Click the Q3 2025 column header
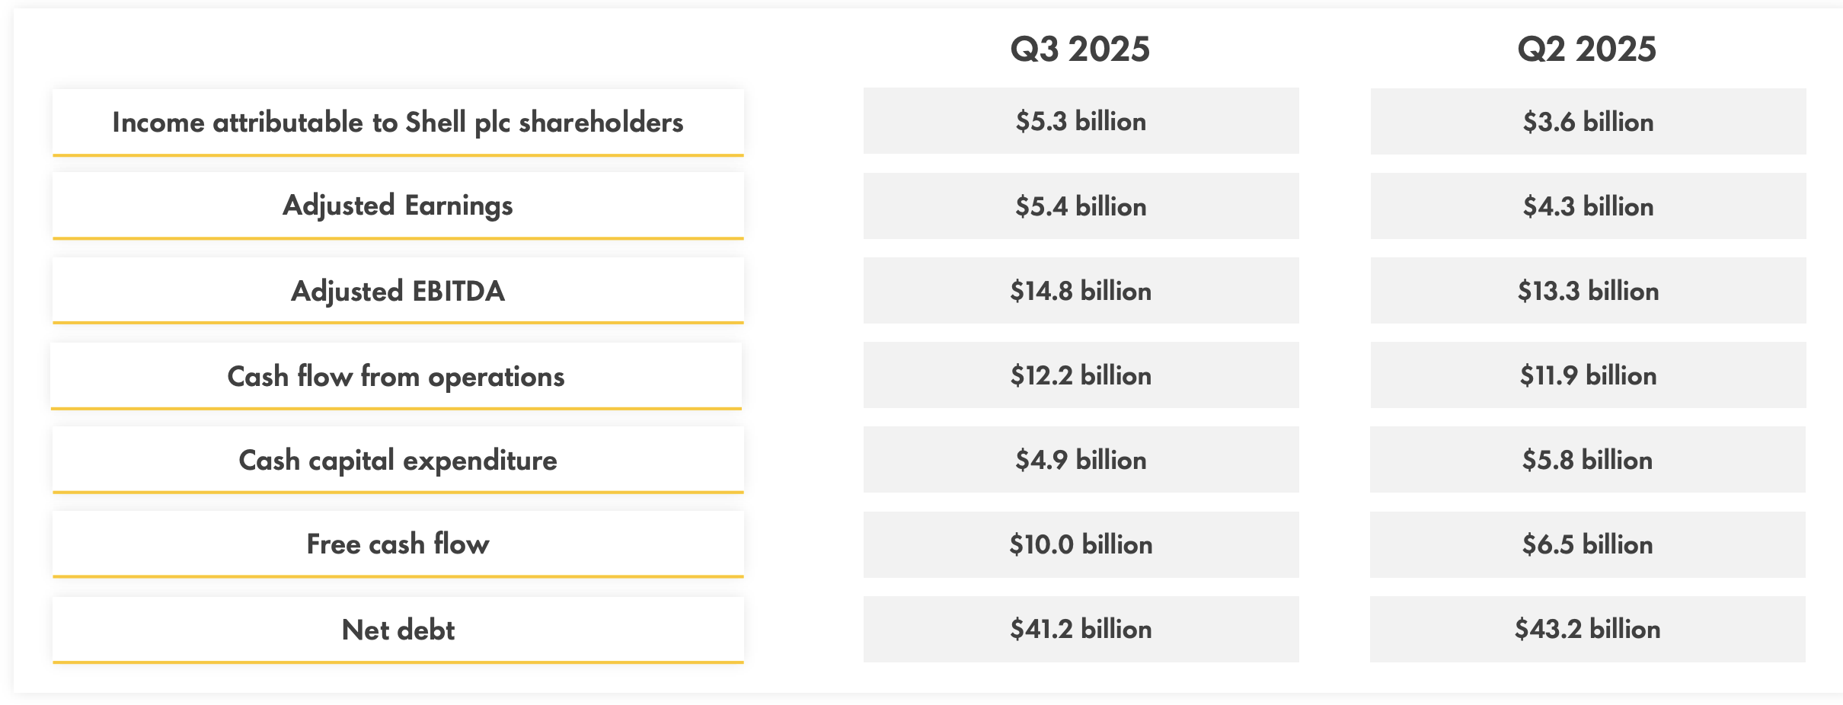tap(1080, 49)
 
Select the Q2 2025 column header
tap(1586, 49)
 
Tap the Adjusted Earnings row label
tap(398, 206)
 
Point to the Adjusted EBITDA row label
tap(398, 291)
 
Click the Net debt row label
tap(398, 630)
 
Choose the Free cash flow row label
tap(398, 544)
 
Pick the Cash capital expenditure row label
tap(398, 461)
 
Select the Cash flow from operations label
tap(396, 376)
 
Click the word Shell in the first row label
tap(435, 122)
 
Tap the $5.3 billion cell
tap(1081, 122)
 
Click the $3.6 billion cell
tap(1588, 122)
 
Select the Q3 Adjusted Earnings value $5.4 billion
tap(1081, 206)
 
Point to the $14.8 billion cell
tap(1081, 291)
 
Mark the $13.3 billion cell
tap(1588, 291)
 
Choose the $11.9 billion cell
tap(1588, 375)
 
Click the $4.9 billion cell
tap(1081, 460)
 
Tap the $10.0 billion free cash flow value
tap(1081, 544)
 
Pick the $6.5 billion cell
tap(1588, 544)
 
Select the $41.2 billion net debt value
tap(1081, 629)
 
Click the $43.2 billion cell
tap(1588, 629)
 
